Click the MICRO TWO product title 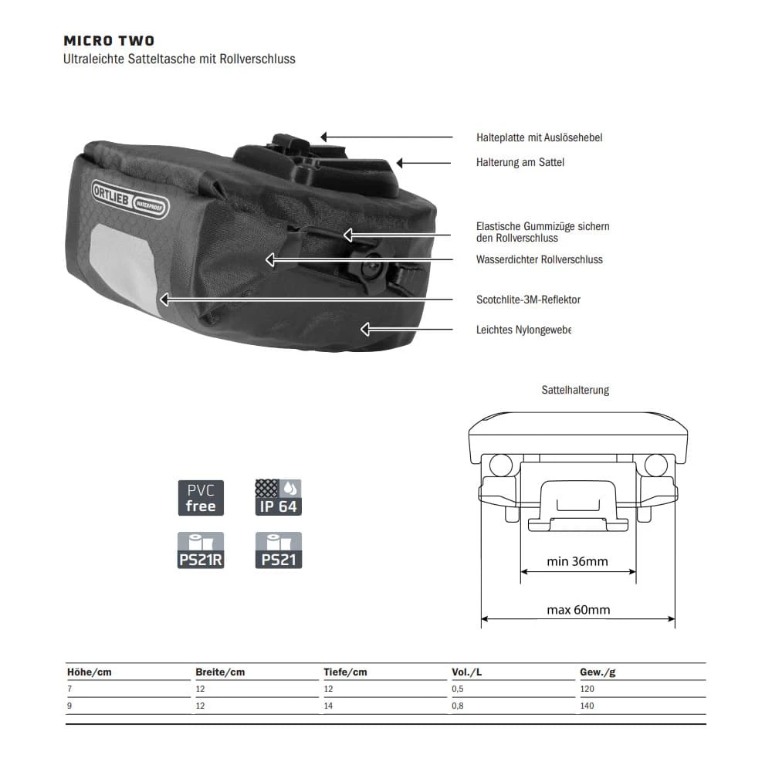(109, 41)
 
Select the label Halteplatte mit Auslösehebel (539, 137)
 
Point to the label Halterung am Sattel (520, 163)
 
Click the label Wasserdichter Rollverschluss (539, 259)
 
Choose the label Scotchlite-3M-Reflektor (528, 300)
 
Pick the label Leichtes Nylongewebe (523, 330)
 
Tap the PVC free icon (201, 498)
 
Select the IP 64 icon (278, 498)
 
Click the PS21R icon (201, 550)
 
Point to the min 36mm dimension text (577, 561)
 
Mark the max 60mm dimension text (578, 610)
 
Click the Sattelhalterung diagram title (575, 390)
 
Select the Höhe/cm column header (90, 672)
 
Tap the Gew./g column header (598, 672)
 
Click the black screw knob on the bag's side (371, 268)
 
